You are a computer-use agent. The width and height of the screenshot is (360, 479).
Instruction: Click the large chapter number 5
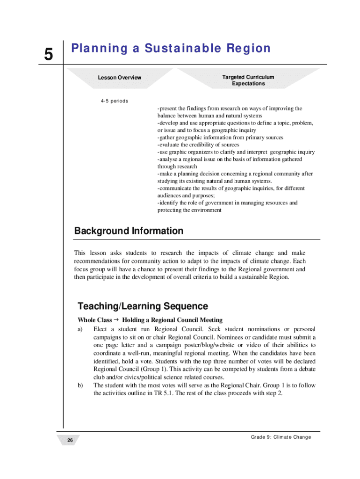(49, 55)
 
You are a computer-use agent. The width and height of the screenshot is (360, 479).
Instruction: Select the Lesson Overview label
(119, 78)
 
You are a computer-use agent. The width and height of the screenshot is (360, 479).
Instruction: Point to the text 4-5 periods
(115, 101)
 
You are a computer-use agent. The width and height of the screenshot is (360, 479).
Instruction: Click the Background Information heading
(129, 231)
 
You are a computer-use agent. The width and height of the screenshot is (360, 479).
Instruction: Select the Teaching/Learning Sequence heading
(143, 306)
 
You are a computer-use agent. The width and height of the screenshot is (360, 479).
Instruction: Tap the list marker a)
(80, 329)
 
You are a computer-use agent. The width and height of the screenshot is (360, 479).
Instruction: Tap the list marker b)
(80, 385)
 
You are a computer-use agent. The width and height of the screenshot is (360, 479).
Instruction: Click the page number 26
(70, 441)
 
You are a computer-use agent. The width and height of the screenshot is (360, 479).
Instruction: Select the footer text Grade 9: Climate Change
(281, 437)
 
